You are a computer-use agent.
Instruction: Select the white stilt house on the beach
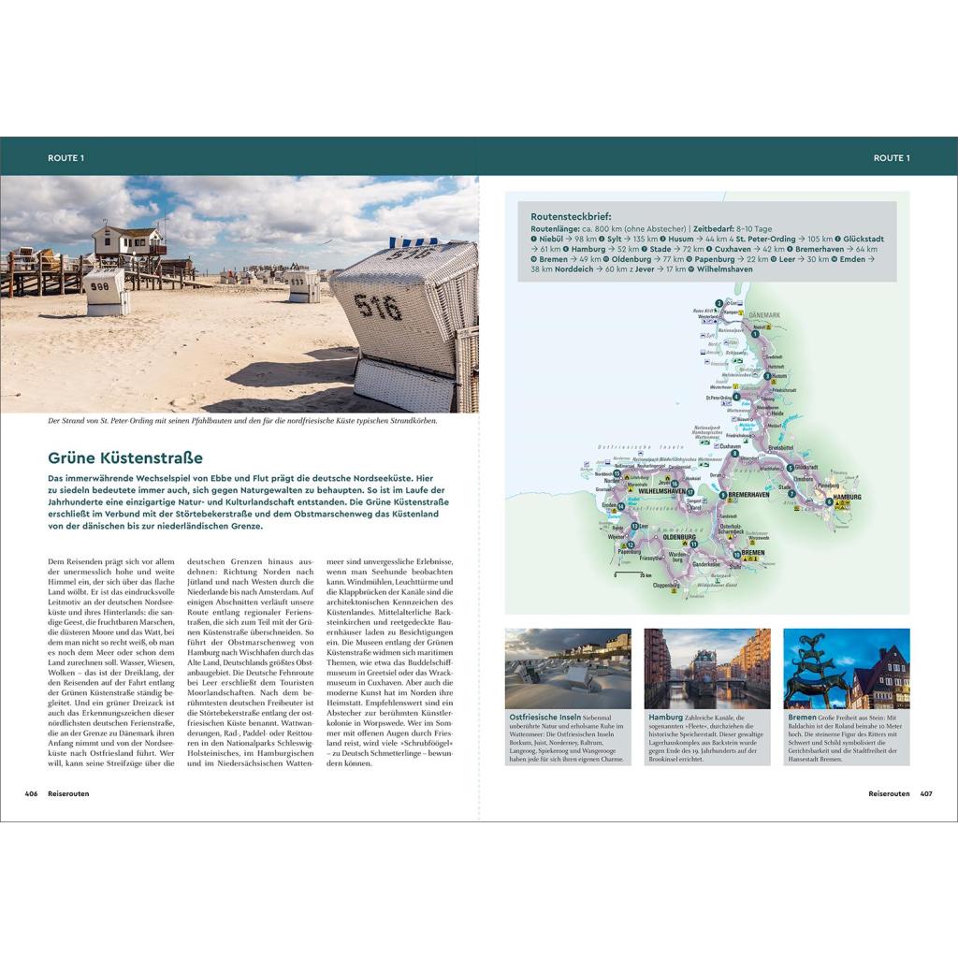(x=130, y=241)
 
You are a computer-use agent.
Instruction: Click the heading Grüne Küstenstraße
(x=125, y=458)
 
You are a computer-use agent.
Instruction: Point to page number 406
(x=31, y=793)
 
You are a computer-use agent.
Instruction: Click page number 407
(x=926, y=793)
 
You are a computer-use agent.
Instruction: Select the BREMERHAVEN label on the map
(x=748, y=494)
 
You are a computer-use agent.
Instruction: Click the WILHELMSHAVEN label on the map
(x=661, y=490)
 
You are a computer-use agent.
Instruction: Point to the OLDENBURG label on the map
(x=679, y=538)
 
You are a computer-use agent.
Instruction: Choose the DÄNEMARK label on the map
(x=764, y=316)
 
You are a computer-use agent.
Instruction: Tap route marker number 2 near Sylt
(x=718, y=303)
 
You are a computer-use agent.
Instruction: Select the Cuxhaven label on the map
(x=729, y=447)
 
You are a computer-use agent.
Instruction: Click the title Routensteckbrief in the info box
(x=571, y=216)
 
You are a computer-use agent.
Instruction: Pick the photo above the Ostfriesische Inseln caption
(x=568, y=668)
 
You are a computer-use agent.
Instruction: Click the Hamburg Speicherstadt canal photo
(x=707, y=668)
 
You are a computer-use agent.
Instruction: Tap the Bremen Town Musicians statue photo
(x=846, y=668)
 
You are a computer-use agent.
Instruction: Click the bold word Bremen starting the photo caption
(x=802, y=718)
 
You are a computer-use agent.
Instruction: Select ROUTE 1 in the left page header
(x=65, y=158)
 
